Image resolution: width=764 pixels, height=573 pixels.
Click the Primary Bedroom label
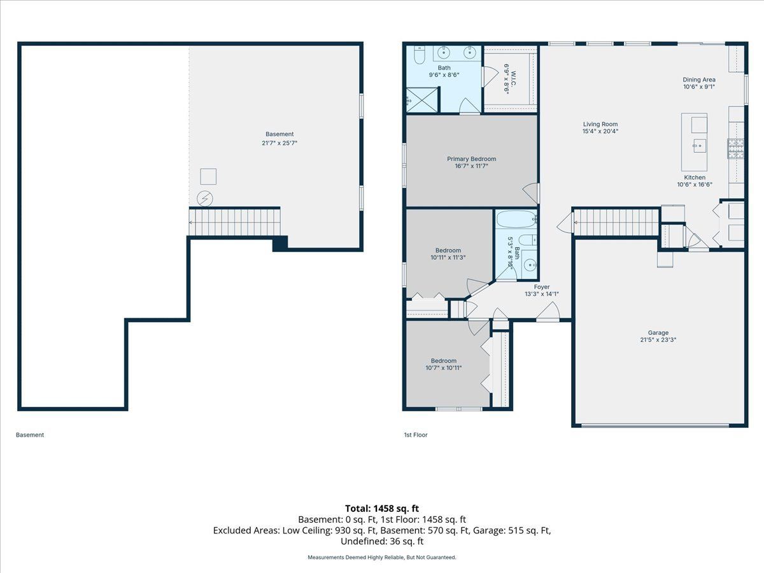click(x=471, y=159)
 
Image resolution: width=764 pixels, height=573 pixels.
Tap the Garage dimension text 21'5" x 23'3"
click(x=658, y=340)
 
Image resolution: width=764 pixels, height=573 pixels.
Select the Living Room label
click(x=600, y=124)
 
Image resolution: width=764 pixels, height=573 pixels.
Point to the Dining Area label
click(x=699, y=80)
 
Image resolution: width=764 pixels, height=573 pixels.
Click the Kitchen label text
click(x=695, y=178)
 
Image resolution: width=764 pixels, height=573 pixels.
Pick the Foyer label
click(x=542, y=287)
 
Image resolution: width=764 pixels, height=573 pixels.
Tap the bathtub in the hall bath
click(x=516, y=219)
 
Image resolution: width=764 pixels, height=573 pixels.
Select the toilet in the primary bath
click(x=420, y=55)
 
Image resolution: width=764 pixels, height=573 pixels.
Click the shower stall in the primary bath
click(x=422, y=100)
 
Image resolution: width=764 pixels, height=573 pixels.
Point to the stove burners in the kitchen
click(x=736, y=148)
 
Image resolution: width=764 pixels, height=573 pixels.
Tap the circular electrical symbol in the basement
click(x=204, y=199)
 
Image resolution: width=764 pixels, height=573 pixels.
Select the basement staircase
click(x=234, y=222)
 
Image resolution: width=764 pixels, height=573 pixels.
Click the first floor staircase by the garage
click(x=616, y=222)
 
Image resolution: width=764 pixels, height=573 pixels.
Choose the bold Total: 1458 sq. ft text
click(x=382, y=509)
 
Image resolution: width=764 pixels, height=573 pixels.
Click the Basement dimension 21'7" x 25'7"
click(x=279, y=143)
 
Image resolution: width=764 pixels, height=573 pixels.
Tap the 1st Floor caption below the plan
click(x=416, y=435)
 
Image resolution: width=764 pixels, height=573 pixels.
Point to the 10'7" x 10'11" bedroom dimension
click(x=443, y=368)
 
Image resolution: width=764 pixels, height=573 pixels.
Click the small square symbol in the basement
click(x=208, y=177)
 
